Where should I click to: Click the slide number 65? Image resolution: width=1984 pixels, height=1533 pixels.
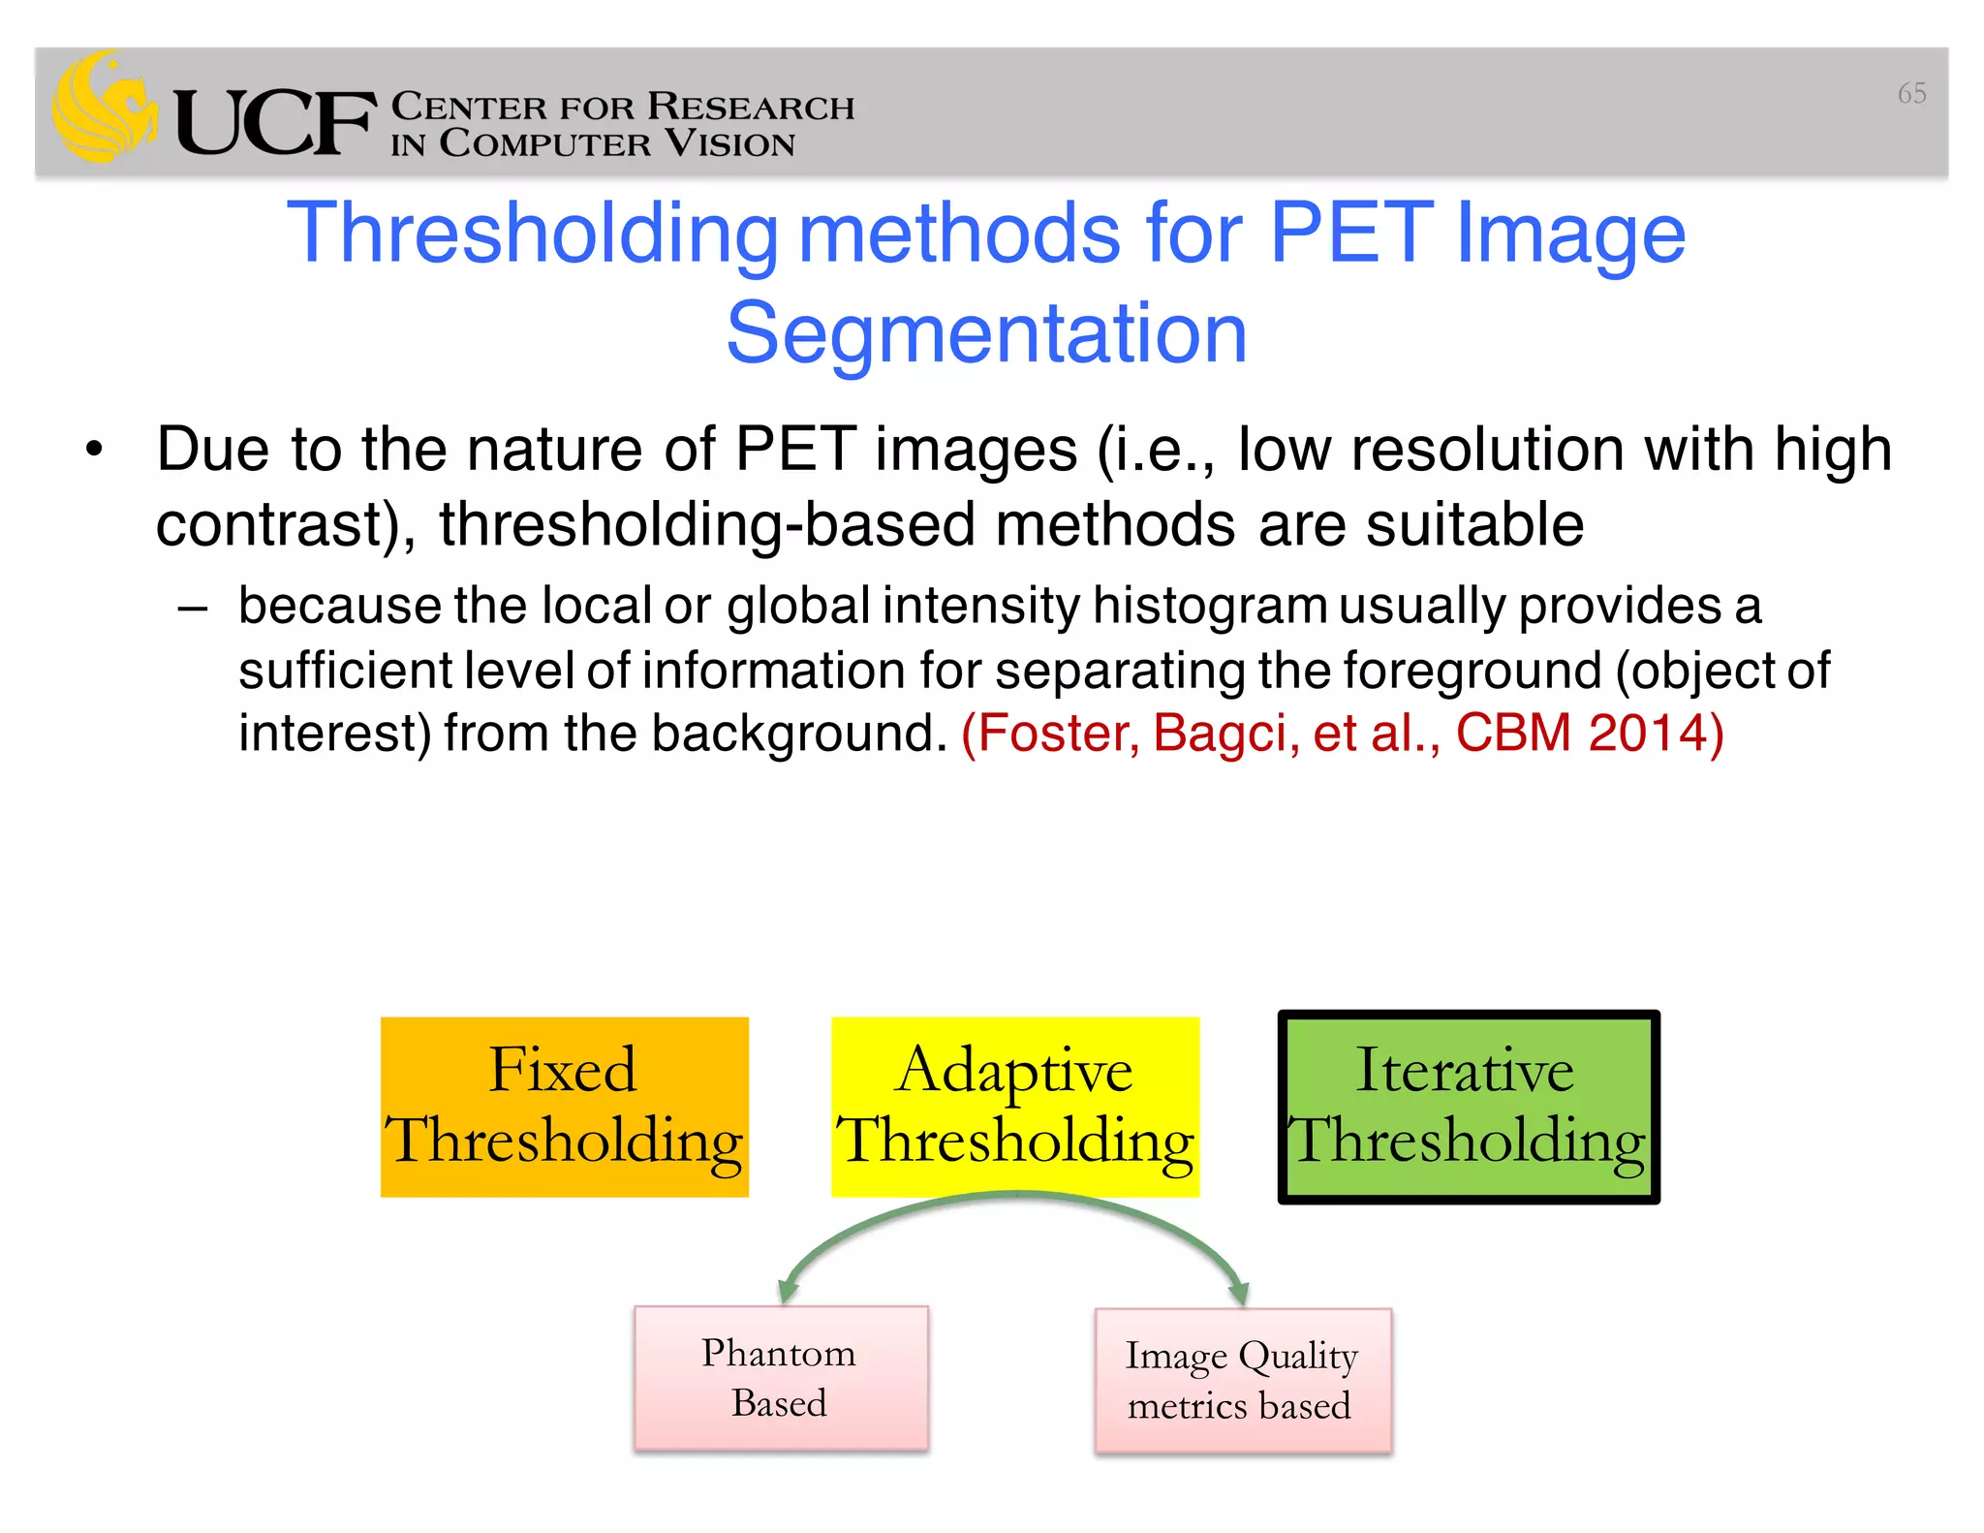1910,93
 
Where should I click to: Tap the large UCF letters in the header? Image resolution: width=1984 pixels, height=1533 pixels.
274,123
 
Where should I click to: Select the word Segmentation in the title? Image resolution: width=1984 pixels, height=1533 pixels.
986,333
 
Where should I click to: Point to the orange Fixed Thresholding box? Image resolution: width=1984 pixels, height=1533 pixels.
564,1107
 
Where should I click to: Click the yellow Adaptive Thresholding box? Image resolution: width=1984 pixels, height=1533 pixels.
1014,1107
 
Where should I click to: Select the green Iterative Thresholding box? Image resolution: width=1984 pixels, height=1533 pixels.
1468,1107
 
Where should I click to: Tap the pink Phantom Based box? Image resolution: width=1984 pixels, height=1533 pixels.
780,1377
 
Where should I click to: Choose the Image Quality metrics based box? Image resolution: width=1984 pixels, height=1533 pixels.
1241,1380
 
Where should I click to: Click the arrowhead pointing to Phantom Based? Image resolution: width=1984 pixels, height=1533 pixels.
789,1291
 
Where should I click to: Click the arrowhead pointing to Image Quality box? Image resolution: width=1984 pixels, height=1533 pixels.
1238,1293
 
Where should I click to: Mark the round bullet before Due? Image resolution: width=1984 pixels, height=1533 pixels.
94,450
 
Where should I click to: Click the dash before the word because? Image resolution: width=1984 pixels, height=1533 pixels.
193,609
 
